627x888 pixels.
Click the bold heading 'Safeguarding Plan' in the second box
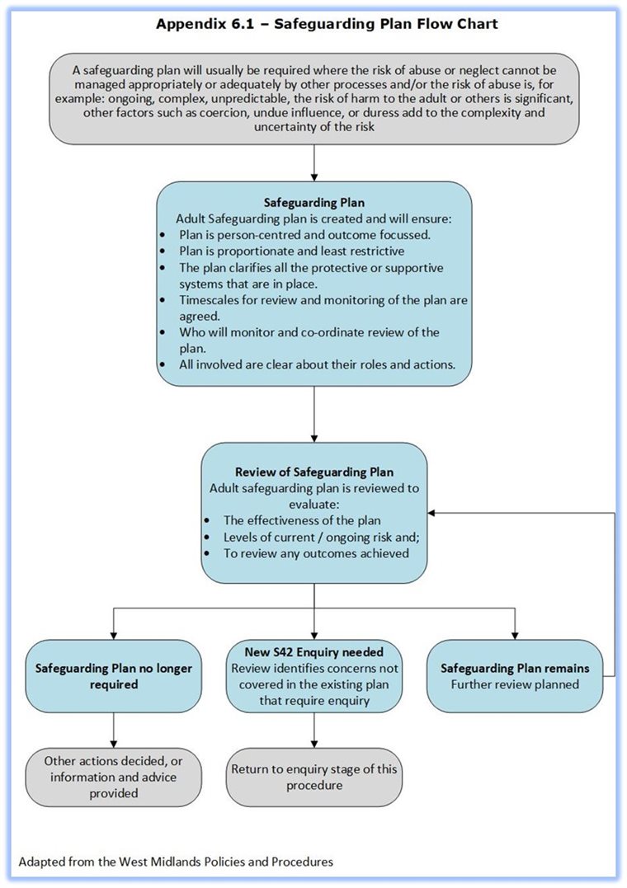pos(313,201)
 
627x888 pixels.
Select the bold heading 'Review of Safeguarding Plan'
pos(313,472)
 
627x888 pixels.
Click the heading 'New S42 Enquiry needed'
pos(313,652)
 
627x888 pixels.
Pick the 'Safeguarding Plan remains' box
pos(515,676)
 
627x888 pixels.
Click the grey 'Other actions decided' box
pos(110,777)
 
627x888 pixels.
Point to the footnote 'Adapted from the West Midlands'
pos(176,862)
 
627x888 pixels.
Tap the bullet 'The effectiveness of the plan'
pos(302,520)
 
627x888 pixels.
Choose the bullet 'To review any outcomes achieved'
pos(316,552)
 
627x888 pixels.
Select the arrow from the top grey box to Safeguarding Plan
pos(313,163)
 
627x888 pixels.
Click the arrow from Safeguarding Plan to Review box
pos(313,415)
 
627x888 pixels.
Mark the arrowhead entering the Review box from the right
pos(433,512)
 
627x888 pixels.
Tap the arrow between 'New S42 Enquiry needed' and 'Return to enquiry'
pos(313,731)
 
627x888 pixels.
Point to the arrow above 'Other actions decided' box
pos(112,731)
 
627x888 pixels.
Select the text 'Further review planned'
pos(515,684)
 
